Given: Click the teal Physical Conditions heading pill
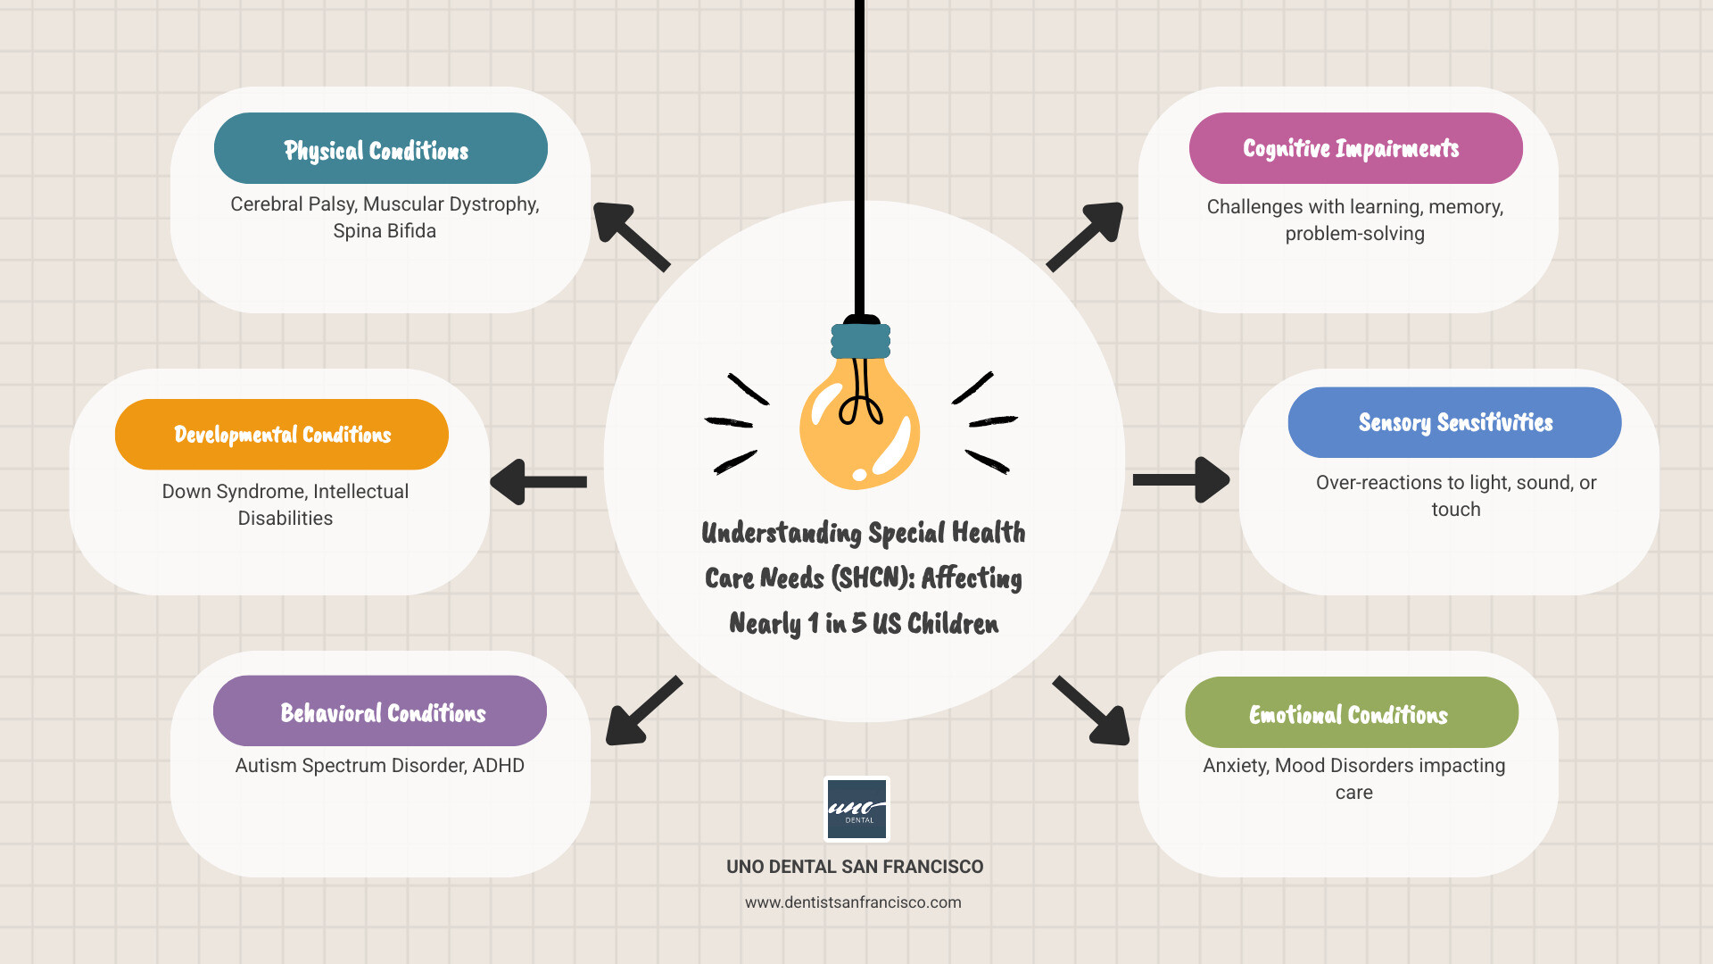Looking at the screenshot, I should pyautogui.click(x=380, y=148).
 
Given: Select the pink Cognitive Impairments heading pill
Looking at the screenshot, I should pyautogui.click(x=1355, y=148).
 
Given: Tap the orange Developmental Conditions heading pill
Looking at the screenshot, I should pyautogui.click(x=281, y=435).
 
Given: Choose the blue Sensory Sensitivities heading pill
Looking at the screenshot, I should pyautogui.click(x=1454, y=422).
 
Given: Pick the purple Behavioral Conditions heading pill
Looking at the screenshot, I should pyautogui.click(x=380, y=711).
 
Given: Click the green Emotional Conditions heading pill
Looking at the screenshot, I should pyautogui.click(x=1351, y=712).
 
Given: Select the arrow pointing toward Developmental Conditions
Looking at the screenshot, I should pyautogui.click(x=538, y=482).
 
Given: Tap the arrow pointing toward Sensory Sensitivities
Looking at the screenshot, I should pyautogui.click(x=1180, y=480).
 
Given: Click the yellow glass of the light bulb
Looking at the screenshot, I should pyautogui.click(x=858, y=428).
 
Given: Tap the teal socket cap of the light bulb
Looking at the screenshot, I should pyautogui.click(x=860, y=341).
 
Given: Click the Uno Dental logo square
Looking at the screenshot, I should pyautogui.click(x=856, y=809).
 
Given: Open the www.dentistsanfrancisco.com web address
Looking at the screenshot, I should pyautogui.click(x=853, y=902).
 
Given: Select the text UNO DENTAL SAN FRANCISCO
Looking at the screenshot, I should pyautogui.click(x=855, y=867).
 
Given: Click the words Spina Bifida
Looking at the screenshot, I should pyautogui.click(x=385, y=231).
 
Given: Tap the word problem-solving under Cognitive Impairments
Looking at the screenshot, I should pyautogui.click(x=1354, y=234).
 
